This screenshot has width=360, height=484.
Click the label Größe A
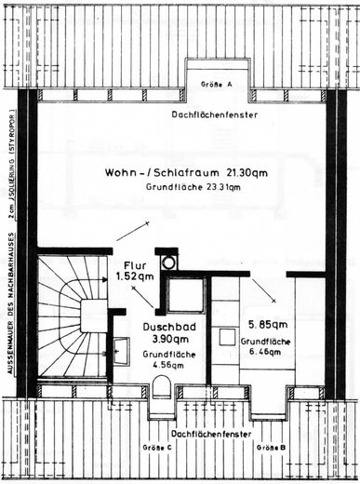(217, 84)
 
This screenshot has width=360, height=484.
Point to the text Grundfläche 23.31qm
(193, 187)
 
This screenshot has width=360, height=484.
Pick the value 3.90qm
(164, 341)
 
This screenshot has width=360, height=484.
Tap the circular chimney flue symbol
(167, 262)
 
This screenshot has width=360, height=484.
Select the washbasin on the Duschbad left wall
(120, 350)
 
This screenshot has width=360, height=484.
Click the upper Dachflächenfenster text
(215, 114)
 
